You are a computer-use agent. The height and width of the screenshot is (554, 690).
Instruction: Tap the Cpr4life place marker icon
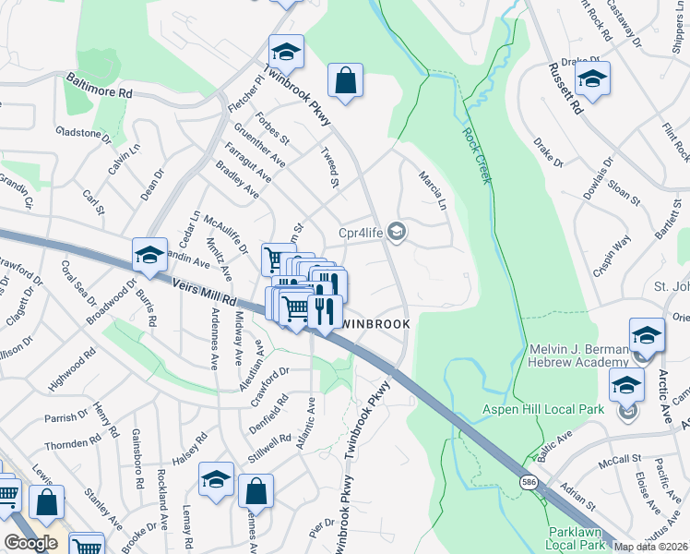coord(398,231)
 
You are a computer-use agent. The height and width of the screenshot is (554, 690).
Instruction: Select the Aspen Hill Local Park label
coord(546,409)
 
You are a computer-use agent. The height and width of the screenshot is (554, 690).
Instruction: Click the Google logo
coord(30,542)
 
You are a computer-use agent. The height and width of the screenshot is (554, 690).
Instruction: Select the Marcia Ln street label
coord(433,188)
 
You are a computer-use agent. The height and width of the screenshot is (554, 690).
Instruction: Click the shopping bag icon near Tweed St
coord(345,80)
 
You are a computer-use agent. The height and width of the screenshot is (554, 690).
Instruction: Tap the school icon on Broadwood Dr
coord(149,254)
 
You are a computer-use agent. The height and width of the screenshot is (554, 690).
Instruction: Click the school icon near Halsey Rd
coord(216,479)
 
